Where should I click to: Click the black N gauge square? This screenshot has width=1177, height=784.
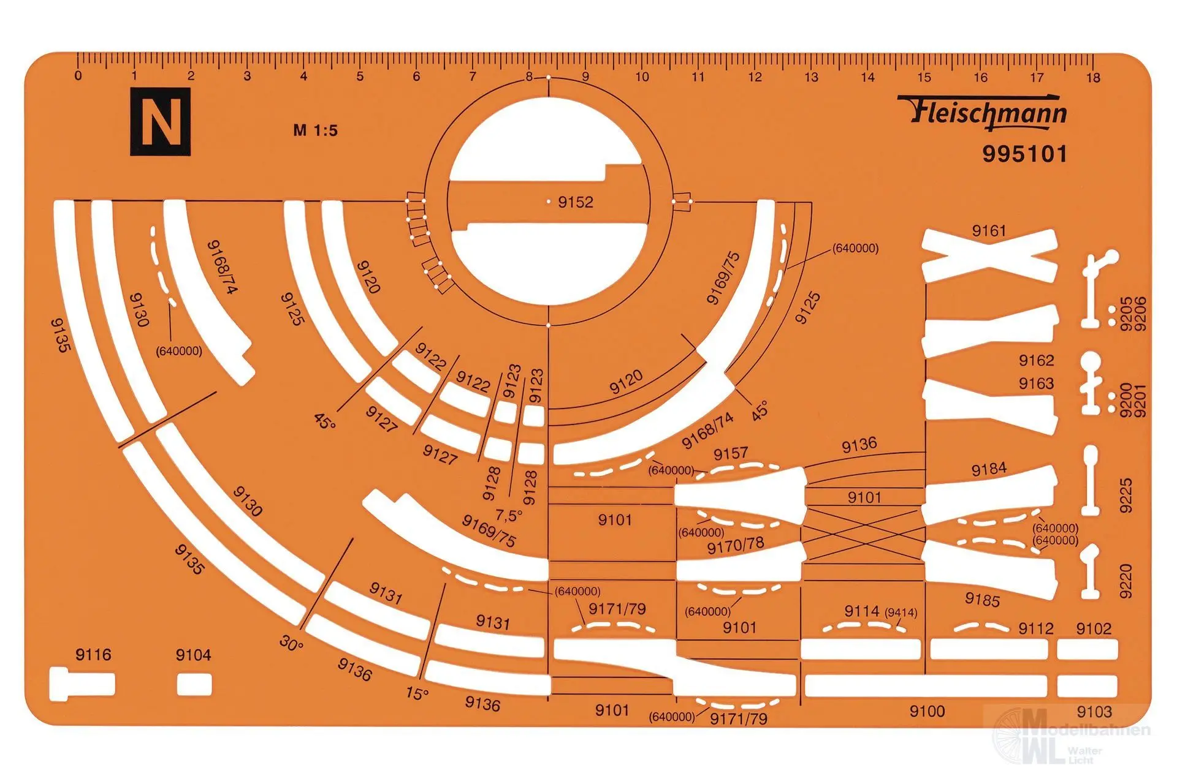[160, 121]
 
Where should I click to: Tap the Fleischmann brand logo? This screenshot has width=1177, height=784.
[983, 112]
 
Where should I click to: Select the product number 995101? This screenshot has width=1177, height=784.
[1025, 154]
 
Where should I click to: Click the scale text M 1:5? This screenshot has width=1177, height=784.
[316, 130]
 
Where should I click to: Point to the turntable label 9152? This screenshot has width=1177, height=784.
[576, 202]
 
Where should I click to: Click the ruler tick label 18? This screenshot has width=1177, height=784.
[1093, 78]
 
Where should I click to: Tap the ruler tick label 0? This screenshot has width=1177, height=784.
[78, 77]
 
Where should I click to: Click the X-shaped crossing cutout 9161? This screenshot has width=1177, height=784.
[990, 256]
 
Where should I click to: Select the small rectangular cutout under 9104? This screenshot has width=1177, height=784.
[194, 684]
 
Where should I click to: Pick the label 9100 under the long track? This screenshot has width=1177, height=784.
[927, 711]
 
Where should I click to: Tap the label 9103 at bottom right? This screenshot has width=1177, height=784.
[1094, 712]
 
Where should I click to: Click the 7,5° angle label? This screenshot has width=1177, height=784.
[509, 514]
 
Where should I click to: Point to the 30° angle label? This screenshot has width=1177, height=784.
[291, 643]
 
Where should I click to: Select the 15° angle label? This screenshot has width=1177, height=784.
[417, 693]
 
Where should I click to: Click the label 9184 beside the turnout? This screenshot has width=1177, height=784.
[989, 470]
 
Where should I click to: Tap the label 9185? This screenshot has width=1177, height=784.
[982, 600]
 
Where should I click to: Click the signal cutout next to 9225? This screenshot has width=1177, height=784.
[1091, 480]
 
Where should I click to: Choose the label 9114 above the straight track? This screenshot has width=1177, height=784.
[862, 611]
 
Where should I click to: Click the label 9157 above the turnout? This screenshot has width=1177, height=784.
[731, 454]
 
